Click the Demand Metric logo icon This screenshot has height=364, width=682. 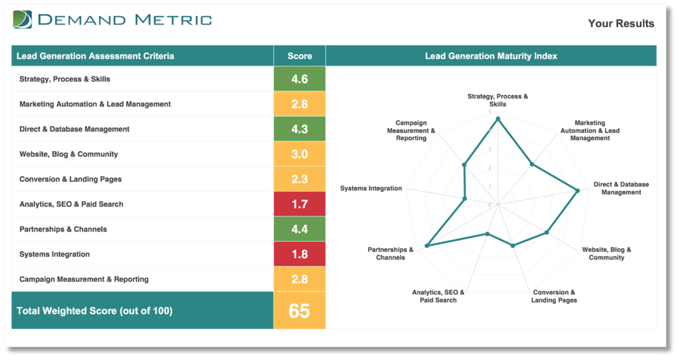pyautogui.click(x=22, y=20)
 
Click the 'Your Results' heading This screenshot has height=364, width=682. pyautogui.click(x=620, y=24)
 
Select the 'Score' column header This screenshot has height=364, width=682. pyautogui.click(x=299, y=56)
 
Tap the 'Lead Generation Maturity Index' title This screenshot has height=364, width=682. pyautogui.click(x=490, y=56)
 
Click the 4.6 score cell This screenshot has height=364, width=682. pyautogui.click(x=299, y=79)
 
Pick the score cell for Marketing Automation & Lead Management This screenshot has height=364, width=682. pyautogui.click(x=299, y=104)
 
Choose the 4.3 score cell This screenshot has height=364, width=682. pyautogui.click(x=299, y=129)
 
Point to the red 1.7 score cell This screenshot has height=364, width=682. pyautogui.click(x=299, y=204)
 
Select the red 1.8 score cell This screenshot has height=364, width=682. pyautogui.click(x=299, y=254)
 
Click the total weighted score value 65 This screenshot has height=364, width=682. pyautogui.click(x=299, y=311)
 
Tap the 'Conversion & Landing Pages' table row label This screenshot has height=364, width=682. pyautogui.click(x=70, y=179)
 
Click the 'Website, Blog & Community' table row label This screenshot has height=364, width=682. pyautogui.click(x=68, y=154)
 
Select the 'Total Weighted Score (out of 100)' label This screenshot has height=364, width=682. pyautogui.click(x=94, y=311)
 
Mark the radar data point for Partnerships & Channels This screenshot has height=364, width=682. pyautogui.click(x=427, y=246)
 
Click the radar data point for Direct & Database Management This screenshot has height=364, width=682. pyautogui.click(x=578, y=190)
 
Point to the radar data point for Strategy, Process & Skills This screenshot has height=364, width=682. pyautogui.click(x=498, y=119)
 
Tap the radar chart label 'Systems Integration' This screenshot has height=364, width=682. pyautogui.click(x=371, y=188)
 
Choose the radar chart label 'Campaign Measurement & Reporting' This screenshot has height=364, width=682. pyautogui.click(x=411, y=130)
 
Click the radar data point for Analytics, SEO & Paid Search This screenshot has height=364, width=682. pyautogui.click(x=487, y=234)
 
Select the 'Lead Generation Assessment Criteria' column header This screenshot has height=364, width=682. pyautogui.click(x=95, y=56)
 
